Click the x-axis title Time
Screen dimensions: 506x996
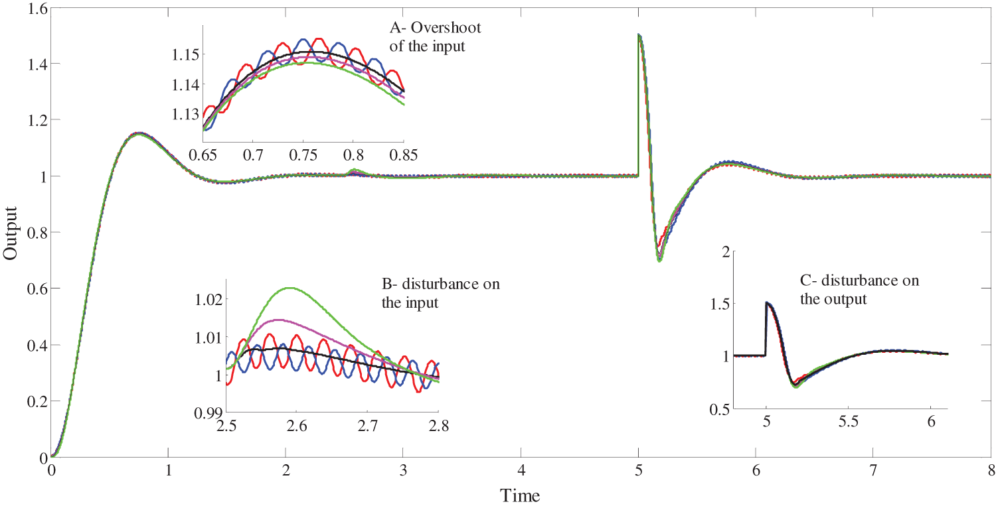tap(519, 495)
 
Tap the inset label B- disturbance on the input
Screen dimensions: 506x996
tap(441, 292)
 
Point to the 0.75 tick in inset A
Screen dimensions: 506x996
tap(303, 156)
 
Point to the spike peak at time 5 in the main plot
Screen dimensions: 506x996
tap(639, 35)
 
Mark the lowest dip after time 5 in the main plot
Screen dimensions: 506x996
tap(659, 261)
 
